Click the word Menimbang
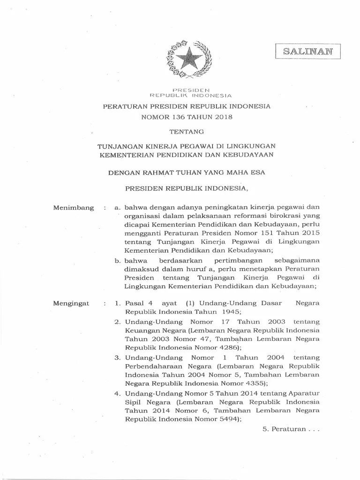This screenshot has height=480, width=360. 74,207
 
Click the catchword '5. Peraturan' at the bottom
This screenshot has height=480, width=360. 291,429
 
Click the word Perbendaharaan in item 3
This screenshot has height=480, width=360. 150,366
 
